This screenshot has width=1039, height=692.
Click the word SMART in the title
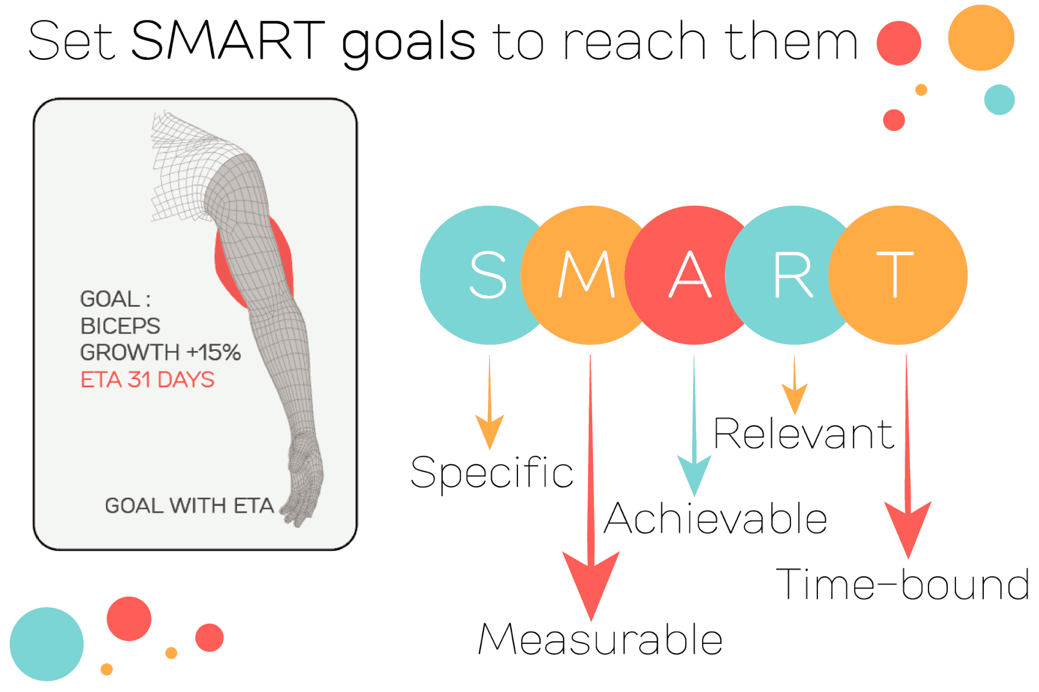tap(228, 40)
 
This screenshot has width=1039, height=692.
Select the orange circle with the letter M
tap(583, 275)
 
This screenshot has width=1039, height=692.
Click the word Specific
tap(492, 472)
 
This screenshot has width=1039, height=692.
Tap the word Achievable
tap(715, 518)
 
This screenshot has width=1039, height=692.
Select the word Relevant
tap(804, 433)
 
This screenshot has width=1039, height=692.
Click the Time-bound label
tap(903, 584)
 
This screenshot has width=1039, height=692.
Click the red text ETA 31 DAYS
tap(148, 380)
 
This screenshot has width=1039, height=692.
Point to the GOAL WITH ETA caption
tap(189, 505)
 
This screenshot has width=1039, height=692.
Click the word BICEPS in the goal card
tap(120, 326)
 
